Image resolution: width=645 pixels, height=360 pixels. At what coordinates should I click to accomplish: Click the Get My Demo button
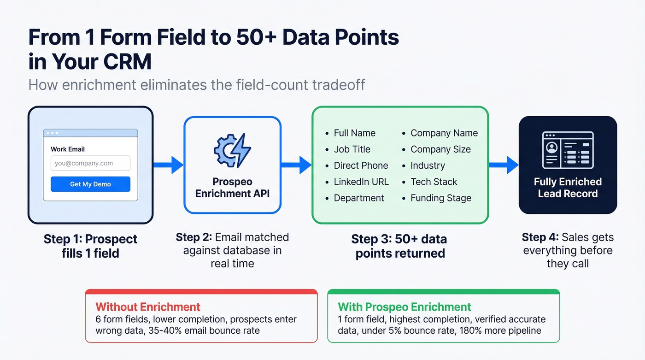click(90, 184)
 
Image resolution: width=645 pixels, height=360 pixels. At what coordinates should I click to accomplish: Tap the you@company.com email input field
click(90, 163)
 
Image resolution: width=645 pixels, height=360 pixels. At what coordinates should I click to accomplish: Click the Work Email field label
click(68, 149)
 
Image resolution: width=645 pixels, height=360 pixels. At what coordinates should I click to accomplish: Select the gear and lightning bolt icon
click(232, 150)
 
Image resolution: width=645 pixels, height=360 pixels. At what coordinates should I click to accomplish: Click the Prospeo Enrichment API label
click(232, 188)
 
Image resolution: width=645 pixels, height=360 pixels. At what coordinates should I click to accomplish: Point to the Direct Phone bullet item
click(361, 165)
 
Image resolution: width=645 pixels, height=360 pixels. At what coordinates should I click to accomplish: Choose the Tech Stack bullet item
click(434, 182)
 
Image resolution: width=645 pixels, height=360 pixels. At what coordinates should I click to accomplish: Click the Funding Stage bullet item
click(440, 198)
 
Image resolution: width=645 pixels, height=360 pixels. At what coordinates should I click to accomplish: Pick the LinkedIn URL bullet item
click(361, 182)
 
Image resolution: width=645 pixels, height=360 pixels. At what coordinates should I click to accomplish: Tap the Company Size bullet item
click(440, 149)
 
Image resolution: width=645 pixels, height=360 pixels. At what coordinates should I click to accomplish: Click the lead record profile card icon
click(568, 150)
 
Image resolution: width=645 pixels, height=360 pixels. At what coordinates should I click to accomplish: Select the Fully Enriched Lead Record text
click(568, 188)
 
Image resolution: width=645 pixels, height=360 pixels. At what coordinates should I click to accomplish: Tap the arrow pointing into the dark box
click(504, 165)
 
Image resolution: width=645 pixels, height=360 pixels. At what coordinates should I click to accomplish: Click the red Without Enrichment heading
click(148, 307)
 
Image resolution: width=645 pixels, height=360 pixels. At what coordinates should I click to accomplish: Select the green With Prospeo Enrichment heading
click(405, 307)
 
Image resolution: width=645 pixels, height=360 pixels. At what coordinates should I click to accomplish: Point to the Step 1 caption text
click(90, 246)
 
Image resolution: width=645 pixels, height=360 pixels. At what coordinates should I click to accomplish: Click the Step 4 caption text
click(568, 250)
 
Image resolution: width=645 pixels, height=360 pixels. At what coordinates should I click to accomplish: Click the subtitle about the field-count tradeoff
click(197, 85)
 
